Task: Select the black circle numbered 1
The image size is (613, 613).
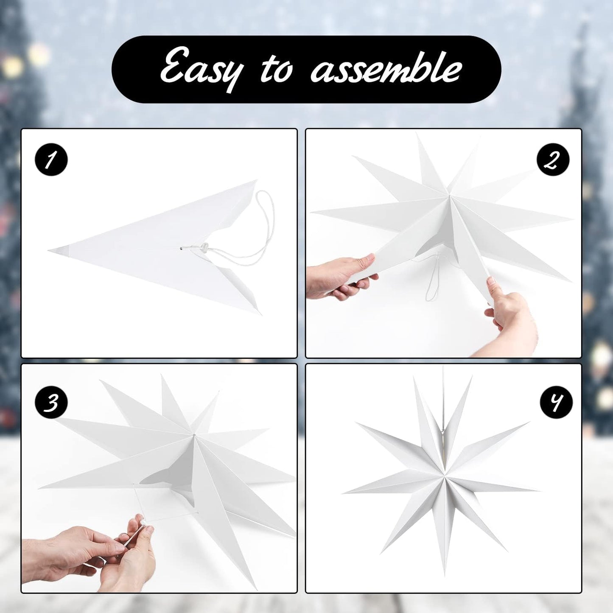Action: (51, 160)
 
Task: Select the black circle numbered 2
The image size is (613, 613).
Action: (553, 160)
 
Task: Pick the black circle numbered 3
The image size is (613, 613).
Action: (51, 402)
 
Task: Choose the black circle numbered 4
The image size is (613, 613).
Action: (556, 402)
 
